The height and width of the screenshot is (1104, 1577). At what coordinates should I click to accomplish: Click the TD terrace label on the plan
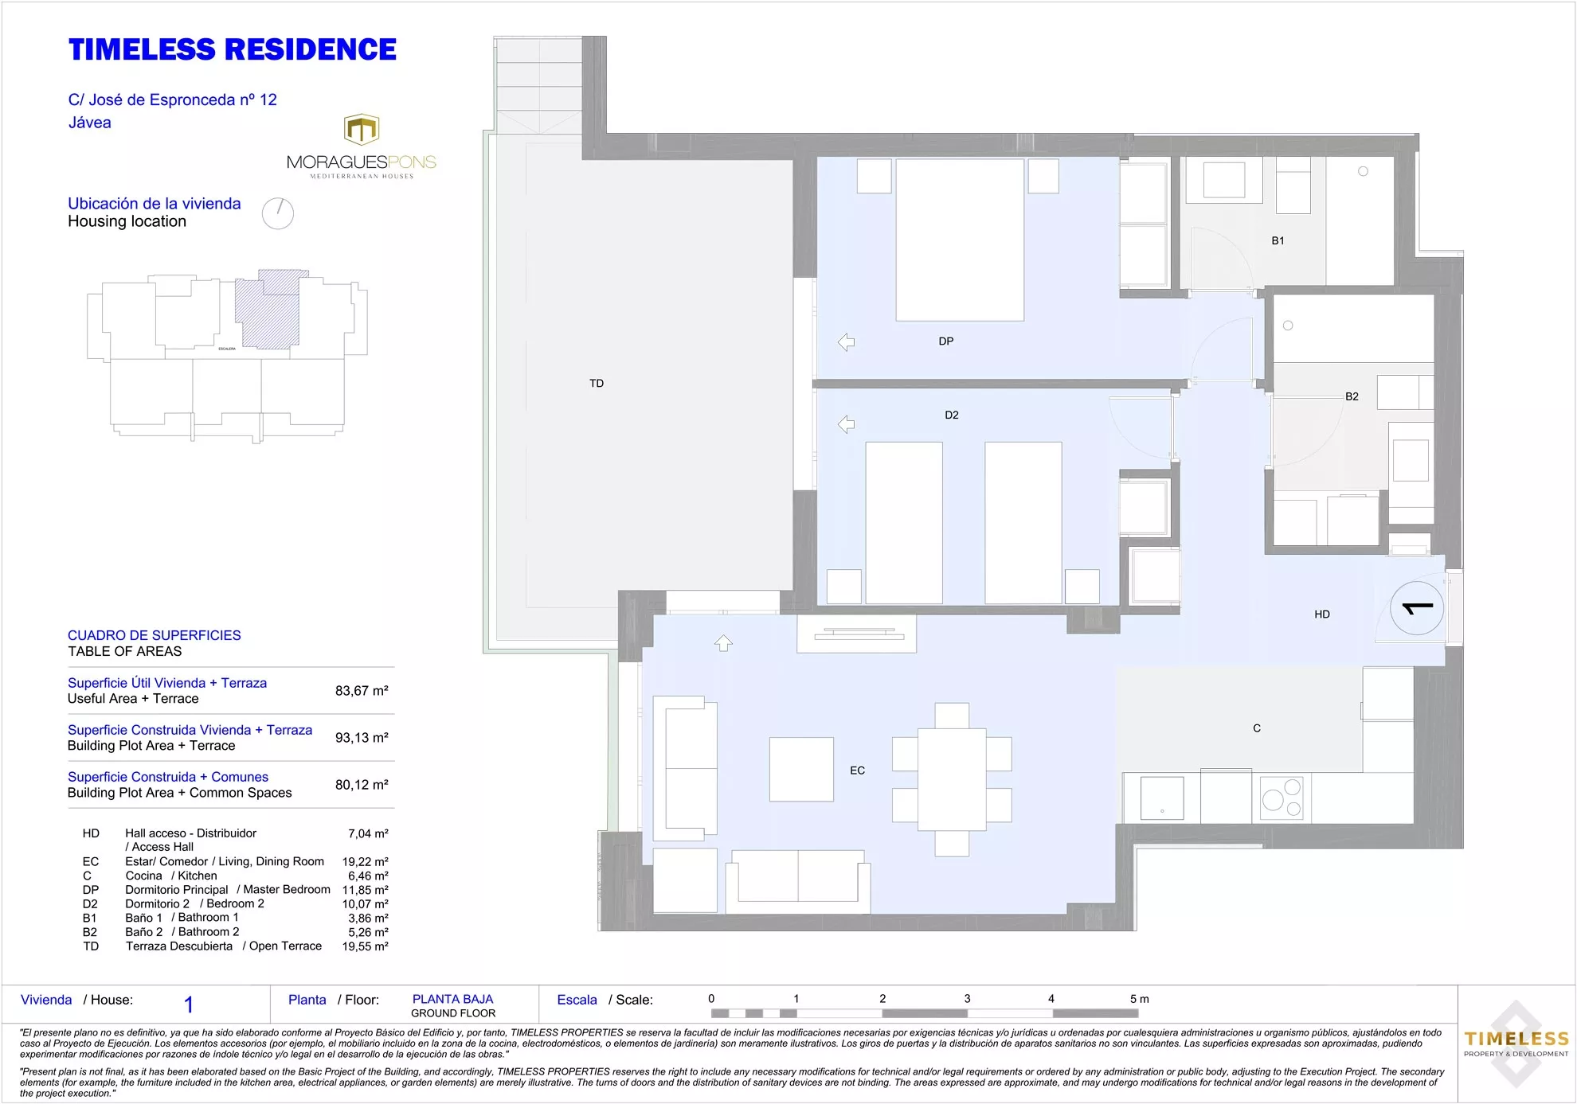tap(597, 384)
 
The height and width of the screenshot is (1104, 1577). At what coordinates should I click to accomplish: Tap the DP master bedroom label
tap(946, 341)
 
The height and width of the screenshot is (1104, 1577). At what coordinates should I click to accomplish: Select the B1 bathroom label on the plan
tap(1278, 240)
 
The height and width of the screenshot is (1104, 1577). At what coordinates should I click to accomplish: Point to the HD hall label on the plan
tap(1322, 614)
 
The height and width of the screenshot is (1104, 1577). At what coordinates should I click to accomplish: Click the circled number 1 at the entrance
tap(1417, 609)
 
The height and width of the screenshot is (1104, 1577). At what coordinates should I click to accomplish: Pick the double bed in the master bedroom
tap(960, 240)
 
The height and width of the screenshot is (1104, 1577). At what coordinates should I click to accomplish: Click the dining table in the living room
tap(952, 780)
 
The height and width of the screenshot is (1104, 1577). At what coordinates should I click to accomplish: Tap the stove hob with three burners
tap(1282, 798)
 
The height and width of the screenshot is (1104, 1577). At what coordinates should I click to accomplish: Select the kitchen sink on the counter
tap(1162, 798)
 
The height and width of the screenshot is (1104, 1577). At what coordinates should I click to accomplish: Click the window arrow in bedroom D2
tap(846, 424)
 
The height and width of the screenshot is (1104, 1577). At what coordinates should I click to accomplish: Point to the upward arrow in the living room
tap(723, 642)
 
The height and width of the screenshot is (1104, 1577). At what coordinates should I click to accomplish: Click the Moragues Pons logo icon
tap(362, 130)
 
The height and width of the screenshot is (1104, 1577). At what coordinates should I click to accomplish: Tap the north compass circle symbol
tap(278, 213)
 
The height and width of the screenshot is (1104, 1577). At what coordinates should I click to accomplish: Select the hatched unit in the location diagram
tap(271, 309)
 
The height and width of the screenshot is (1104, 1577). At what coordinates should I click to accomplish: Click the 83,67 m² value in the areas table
tap(362, 691)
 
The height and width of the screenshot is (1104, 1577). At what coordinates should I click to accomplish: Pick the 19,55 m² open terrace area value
tap(365, 946)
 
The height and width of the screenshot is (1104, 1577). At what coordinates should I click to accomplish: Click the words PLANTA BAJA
tap(452, 1000)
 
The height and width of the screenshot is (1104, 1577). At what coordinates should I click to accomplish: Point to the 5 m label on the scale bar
tap(1139, 999)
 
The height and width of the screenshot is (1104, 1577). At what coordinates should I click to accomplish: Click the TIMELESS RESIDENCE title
tap(233, 49)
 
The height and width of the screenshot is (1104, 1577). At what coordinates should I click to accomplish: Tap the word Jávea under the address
tap(90, 123)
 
